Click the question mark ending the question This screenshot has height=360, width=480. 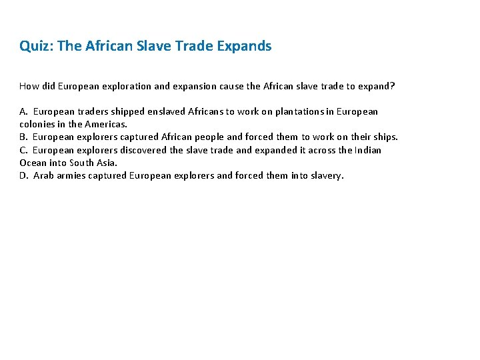click(393, 86)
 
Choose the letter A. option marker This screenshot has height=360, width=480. click(24, 111)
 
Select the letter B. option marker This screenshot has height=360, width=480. click(24, 137)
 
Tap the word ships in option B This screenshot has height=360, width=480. click(383, 137)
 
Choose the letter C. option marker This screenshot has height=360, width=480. click(24, 150)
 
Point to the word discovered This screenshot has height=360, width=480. click(143, 150)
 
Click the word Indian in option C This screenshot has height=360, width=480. click(367, 150)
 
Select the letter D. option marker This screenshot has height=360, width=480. click(24, 176)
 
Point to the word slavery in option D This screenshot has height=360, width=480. click(325, 176)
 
